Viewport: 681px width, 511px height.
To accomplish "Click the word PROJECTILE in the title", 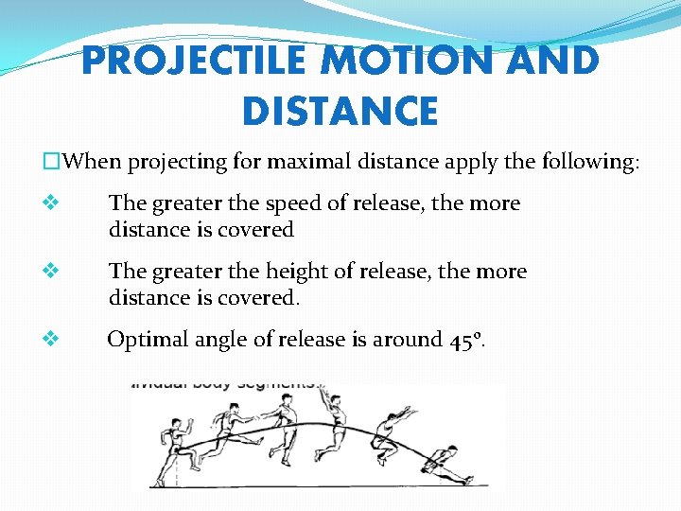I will [x=195, y=62].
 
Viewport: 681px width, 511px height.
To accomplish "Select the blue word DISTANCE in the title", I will [x=340, y=111].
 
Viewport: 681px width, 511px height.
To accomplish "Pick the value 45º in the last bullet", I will [x=468, y=340].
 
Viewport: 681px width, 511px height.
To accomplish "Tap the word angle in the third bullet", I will [x=220, y=340].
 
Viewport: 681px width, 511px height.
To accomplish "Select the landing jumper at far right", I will [x=445, y=464].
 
